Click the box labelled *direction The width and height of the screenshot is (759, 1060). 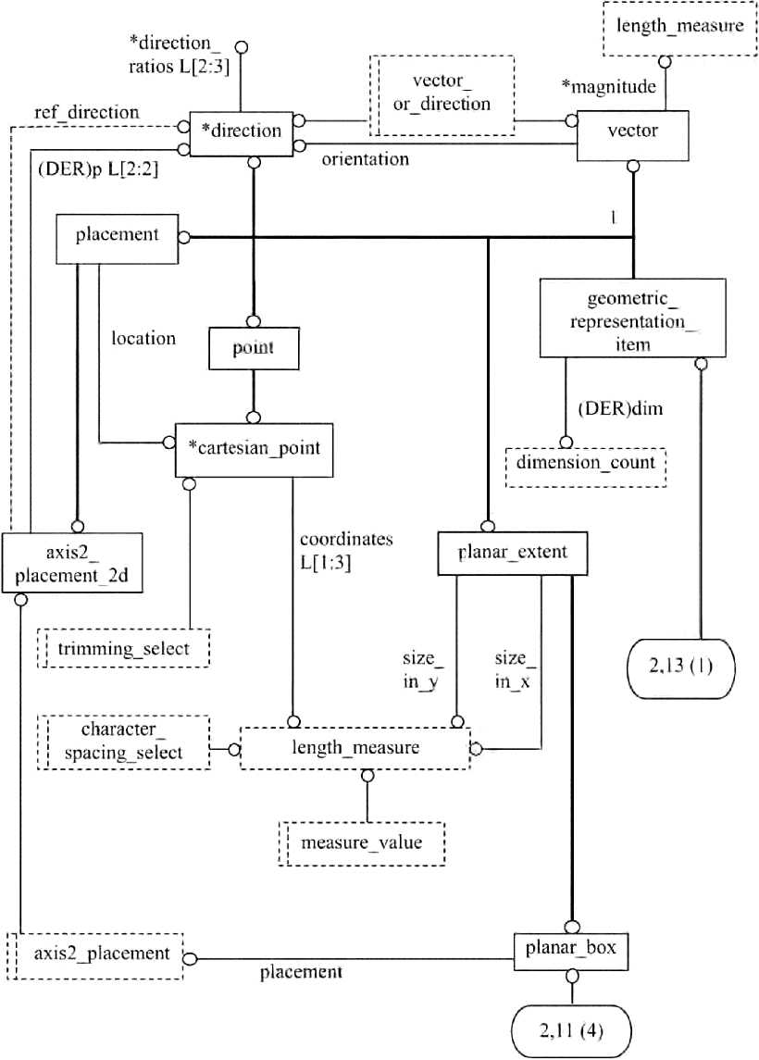click(x=241, y=131)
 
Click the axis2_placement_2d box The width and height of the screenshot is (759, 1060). click(x=71, y=564)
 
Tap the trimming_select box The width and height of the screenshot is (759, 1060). click(x=123, y=647)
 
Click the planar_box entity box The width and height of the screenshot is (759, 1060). click(x=573, y=949)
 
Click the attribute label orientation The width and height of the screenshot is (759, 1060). click(x=366, y=159)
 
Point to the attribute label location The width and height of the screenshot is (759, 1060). click(x=143, y=338)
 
